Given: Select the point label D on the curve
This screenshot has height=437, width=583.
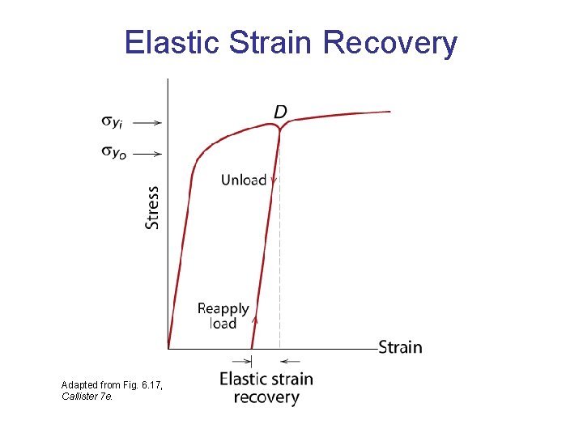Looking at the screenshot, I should coord(279,111).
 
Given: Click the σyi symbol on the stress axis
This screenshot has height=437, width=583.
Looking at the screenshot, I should coord(113,122).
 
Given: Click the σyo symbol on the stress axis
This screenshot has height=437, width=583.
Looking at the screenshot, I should coord(113,151).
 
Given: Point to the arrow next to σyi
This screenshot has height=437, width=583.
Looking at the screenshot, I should coord(147,123).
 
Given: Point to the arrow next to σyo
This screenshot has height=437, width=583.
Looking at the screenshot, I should coord(147,152).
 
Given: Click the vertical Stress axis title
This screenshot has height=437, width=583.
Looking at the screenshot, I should coord(152,207).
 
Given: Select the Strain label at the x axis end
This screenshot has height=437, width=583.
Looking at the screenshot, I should coord(400,347).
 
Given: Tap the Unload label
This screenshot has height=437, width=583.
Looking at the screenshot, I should coord(243,180).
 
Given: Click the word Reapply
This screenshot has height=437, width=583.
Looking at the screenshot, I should coord(223,308).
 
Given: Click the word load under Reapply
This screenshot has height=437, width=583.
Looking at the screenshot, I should coord(223,324).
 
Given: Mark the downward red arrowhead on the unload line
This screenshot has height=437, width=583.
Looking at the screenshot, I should coord(274,181).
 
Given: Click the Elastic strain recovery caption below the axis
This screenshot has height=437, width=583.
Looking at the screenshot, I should coord(266,388).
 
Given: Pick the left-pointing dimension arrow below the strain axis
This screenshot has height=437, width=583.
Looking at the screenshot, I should coord(291,361).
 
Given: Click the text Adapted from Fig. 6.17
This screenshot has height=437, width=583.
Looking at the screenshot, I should coord(112,384).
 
